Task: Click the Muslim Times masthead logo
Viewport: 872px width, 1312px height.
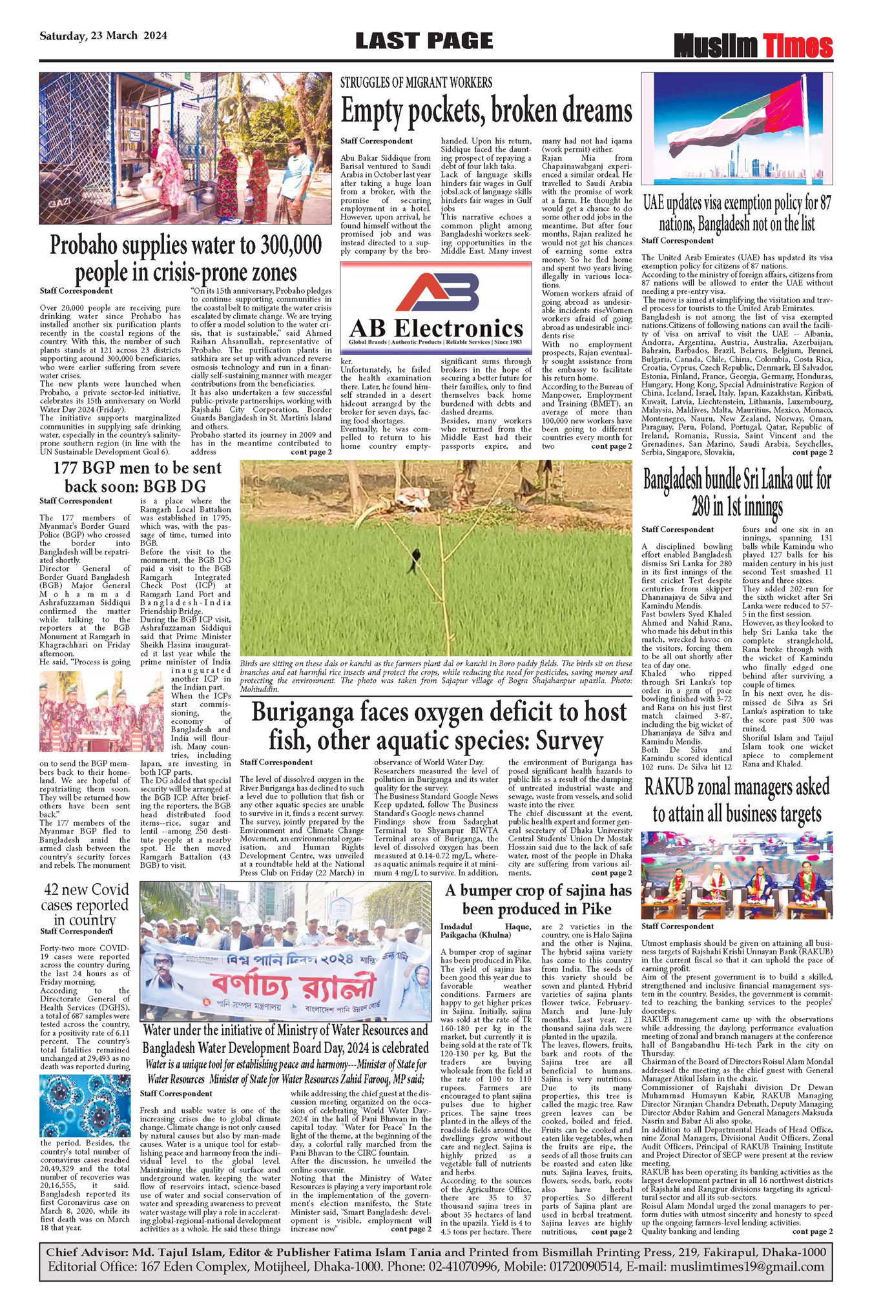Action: pyautogui.click(x=753, y=46)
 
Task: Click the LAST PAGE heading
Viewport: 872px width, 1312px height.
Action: pyautogui.click(x=424, y=41)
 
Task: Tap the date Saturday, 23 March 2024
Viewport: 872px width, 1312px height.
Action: pyautogui.click(x=103, y=36)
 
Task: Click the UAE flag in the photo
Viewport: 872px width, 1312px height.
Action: pyautogui.click(x=736, y=123)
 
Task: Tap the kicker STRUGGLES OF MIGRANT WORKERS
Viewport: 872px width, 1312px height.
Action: pyautogui.click(x=416, y=83)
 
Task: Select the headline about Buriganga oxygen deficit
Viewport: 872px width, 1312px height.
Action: pyautogui.click(x=439, y=726)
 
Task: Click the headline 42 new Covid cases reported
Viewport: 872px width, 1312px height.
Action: pyautogui.click(x=85, y=904)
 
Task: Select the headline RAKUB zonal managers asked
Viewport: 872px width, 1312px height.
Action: pyautogui.click(x=737, y=801)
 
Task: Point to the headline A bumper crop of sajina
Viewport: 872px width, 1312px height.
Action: pyautogui.click(x=537, y=899)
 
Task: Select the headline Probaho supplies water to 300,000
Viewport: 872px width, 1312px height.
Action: pyautogui.click(x=186, y=258)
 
